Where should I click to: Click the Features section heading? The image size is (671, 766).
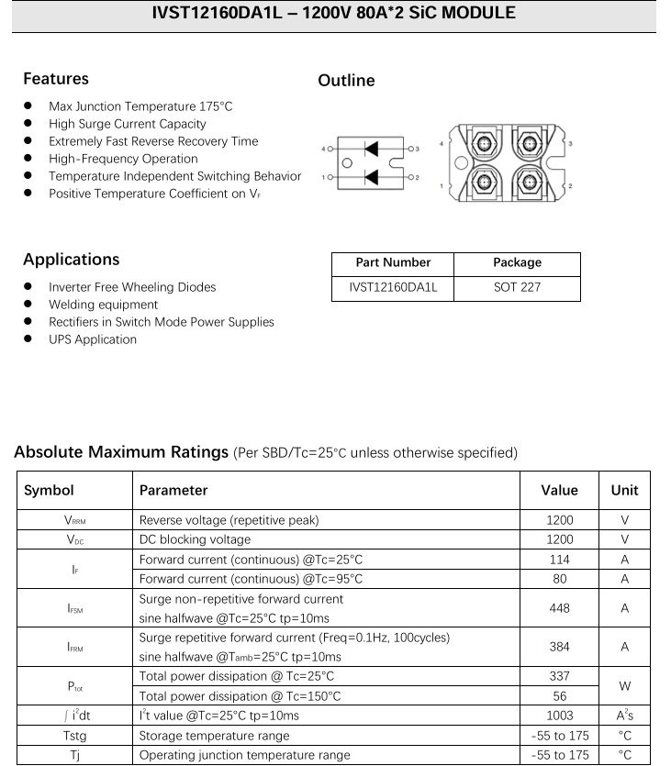click(56, 79)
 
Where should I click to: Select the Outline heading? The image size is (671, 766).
click(346, 81)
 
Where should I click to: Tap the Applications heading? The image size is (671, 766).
click(72, 260)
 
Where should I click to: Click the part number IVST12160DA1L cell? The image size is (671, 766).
click(393, 287)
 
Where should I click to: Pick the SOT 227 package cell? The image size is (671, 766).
click(517, 287)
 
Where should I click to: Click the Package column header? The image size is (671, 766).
click(517, 262)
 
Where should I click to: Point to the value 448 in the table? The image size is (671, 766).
click(559, 608)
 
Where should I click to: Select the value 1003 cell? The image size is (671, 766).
click(559, 715)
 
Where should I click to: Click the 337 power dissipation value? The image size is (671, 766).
click(559, 675)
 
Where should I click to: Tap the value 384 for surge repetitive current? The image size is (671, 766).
click(559, 647)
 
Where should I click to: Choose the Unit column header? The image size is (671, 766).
click(624, 490)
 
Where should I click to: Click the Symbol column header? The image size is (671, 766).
click(49, 490)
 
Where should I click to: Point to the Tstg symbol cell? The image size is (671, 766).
click(74, 735)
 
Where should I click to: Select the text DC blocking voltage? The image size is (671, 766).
click(195, 539)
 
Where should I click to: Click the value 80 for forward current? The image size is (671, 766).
click(559, 579)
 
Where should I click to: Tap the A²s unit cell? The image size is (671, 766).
click(625, 715)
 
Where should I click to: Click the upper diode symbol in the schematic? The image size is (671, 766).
click(371, 149)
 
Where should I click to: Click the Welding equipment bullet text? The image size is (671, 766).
click(104, 305)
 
